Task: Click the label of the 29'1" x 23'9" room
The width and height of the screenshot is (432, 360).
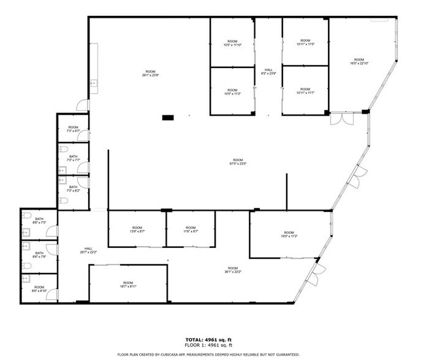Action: (151, 73)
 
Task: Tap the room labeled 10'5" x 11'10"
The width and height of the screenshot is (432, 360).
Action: (232, 43)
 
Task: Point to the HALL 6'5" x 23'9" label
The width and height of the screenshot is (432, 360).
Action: (268, 72)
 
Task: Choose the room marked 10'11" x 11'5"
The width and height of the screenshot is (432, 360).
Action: (305, 43)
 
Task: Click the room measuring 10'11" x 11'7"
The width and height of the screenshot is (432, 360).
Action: (305, 91)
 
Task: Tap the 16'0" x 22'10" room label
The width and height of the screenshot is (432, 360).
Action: (359, 61)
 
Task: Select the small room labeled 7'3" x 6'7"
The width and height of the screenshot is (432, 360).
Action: (73, 129)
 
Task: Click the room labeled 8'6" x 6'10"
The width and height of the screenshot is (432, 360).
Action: (39, 288)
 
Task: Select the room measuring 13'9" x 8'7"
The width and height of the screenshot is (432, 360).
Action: (137, 230)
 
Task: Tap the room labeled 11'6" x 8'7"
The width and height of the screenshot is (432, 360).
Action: (191, 230)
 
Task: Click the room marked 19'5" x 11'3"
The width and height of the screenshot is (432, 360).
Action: (289, 234)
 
